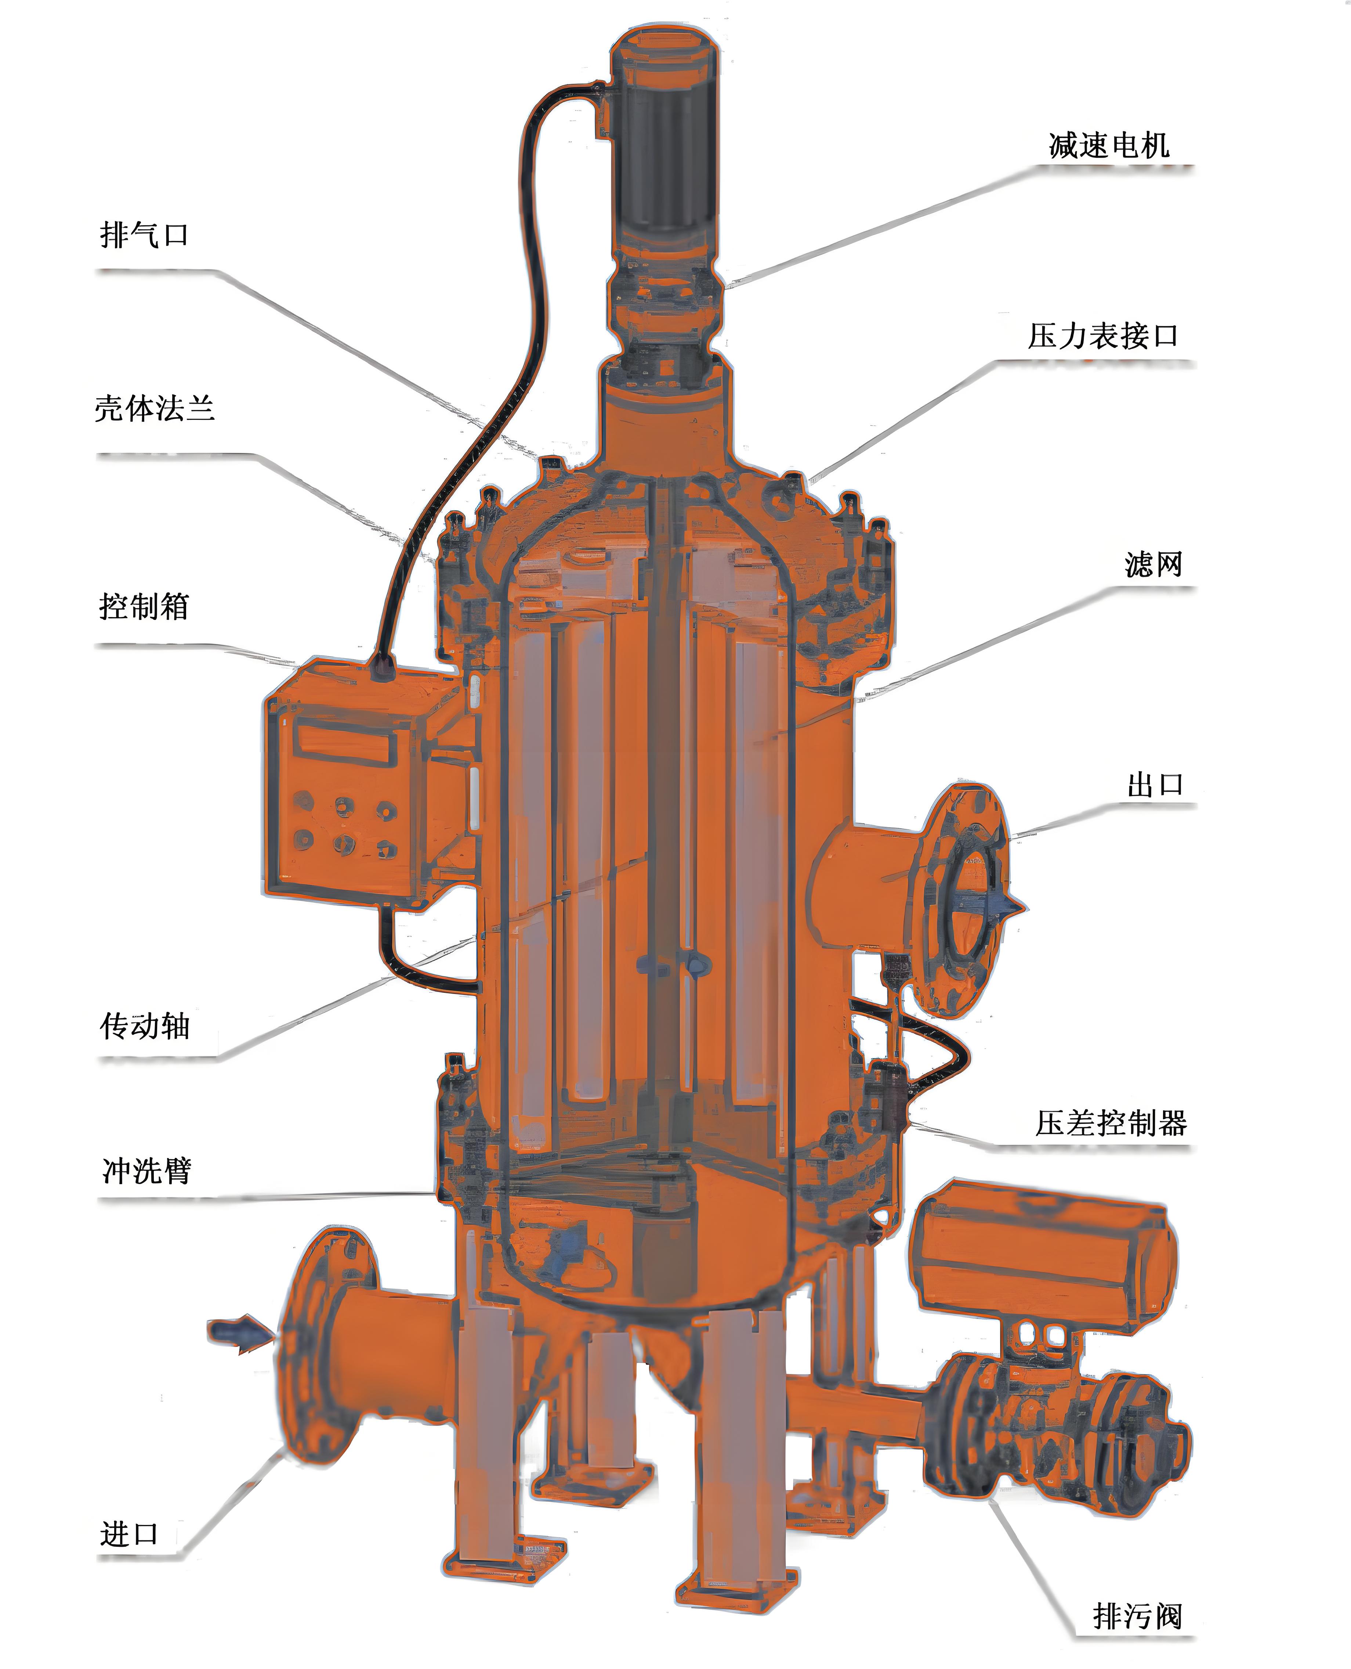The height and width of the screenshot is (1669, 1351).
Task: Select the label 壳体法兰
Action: (x=154, y=408)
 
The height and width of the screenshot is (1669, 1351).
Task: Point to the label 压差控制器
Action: (x=1111, y=1123)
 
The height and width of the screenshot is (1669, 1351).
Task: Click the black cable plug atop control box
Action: (x=381, y=668)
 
